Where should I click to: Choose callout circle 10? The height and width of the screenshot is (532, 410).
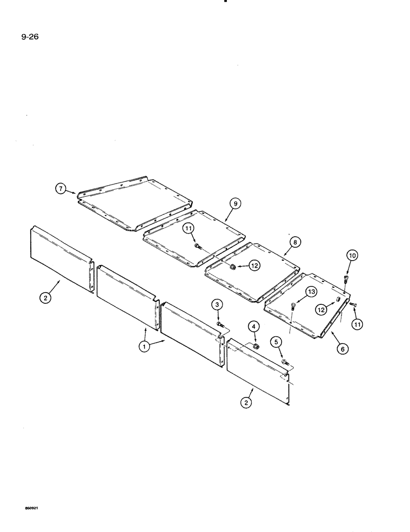click(353, 256)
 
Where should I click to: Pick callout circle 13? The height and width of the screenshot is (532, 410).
click(311, 292)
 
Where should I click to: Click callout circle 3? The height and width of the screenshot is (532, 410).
click(218, 304)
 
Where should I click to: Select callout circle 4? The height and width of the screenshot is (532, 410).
click(254, 326)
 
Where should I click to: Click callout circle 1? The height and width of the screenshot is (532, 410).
click(143, 346)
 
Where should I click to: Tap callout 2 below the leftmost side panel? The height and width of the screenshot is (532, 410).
click(46, 298)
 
